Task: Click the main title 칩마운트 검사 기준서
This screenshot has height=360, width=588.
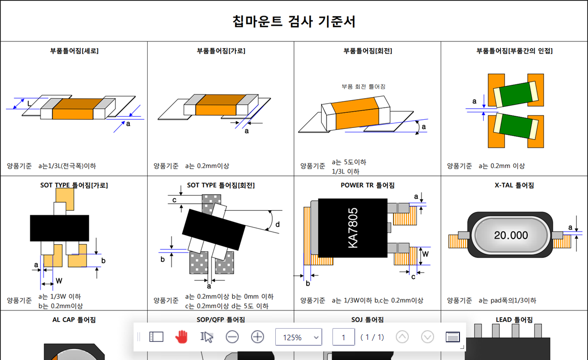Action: tap(293, 21)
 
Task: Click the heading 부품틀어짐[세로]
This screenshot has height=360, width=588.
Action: tap(74, 51)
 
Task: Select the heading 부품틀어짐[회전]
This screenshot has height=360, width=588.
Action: tap(367, 51)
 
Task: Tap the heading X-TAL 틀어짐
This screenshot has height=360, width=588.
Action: tap(514, 185)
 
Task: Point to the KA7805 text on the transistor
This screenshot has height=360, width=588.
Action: tap(353, 228)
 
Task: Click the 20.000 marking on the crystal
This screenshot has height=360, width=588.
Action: tap(511, 235)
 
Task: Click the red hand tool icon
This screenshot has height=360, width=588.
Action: tap(182, 337)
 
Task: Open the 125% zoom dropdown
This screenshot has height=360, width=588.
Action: tap(299, 337)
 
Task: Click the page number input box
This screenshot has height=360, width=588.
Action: tap(343, 337)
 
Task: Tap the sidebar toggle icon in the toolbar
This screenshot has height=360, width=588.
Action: tap(156, 337)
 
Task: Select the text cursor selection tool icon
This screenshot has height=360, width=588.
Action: tap(206, 337)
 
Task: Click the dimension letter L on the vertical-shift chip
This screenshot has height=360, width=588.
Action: tap(29, 103)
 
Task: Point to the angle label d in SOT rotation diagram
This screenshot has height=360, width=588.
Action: tap(277, 224)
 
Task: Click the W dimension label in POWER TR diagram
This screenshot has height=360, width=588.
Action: tap(425, 254)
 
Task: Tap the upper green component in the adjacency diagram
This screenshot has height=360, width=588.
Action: tap(516, 94)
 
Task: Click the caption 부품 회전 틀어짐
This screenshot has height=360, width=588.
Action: tap(363, 86)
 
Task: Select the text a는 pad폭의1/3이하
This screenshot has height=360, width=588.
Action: tap(508, 300)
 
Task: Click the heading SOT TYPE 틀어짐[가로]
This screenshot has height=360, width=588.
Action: tap(74, 185)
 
